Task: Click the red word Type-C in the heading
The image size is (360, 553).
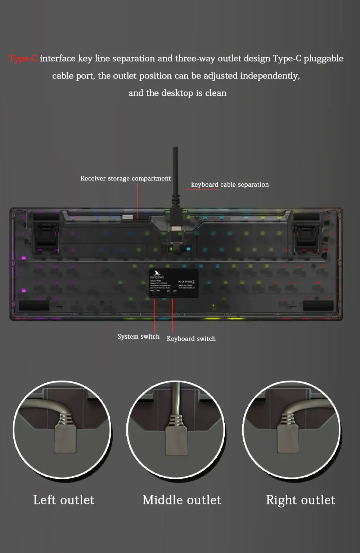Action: point(23,58)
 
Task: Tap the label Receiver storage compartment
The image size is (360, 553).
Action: point(125,178)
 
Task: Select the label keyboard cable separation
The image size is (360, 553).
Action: point(230,184)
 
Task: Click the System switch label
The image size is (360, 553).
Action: point(138,336)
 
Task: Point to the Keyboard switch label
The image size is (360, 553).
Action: point(191,339)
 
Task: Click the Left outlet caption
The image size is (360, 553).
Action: point(64,500)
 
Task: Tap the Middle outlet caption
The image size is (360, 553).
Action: point(181,500)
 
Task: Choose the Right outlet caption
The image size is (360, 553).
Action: point(300,500)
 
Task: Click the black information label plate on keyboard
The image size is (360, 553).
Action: point(174,283)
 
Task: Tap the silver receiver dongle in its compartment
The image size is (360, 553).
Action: point(128,217)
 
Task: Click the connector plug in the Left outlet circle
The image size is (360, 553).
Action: point(65,438)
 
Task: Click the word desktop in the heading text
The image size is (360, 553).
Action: point(177,93)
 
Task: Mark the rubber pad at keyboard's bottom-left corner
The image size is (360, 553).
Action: point(34,306)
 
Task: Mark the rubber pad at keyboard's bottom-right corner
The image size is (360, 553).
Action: point(318,306)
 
